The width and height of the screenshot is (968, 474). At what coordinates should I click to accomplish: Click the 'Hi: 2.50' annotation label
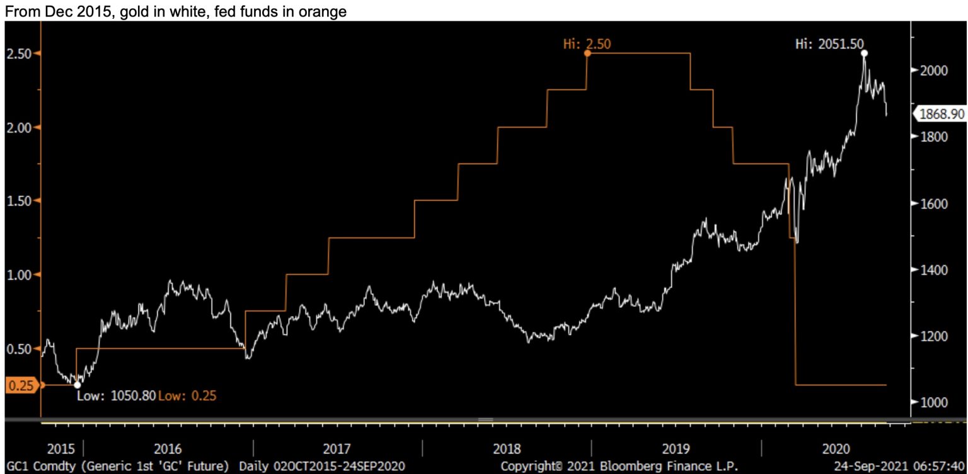[x=587, y=43]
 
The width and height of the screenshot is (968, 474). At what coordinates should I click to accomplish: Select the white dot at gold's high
[x=863, y=54]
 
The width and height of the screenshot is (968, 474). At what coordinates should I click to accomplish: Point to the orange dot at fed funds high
[x=587, y=54]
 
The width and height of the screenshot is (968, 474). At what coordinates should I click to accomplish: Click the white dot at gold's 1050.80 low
[x=77, y=385]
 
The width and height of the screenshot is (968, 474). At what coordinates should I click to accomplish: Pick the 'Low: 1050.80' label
[x=116, y=396]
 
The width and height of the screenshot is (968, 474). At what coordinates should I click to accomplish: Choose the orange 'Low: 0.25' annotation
[x=188, y=396]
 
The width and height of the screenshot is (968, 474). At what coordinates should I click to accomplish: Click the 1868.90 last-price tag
[x=938, y=114]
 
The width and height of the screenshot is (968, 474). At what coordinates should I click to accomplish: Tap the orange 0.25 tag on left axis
[x=21, y=385]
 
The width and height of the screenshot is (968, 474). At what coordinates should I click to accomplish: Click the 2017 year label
[x=337, y=449]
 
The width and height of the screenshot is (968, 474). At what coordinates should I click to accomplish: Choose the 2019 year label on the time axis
[x=676, y=449]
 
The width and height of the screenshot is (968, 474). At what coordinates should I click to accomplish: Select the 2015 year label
[x=61, y=449]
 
